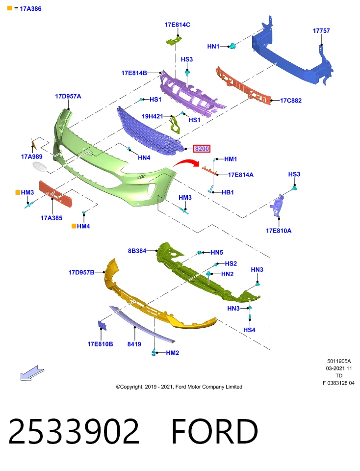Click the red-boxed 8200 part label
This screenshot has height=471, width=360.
(x=202, y=148)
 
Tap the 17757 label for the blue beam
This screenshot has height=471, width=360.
(x=321, y=30)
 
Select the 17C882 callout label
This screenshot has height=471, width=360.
(x=291, y=101)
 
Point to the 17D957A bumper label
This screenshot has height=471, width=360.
(x=68, y=97)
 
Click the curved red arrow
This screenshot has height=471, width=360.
(x=186, y=162)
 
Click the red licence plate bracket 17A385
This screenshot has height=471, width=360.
(x=56, y=194)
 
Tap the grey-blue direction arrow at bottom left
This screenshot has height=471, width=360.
(x=32, y=373)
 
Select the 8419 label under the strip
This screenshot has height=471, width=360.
(x=134, y=344)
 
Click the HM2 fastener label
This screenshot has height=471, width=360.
(x=172, y=353)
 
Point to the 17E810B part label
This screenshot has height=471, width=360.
(x=100, y=344)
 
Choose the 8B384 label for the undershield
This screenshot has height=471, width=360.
(x=137, y=251)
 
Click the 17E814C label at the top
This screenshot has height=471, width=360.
(x=177, y=25)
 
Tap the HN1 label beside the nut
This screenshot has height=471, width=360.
(x=213, y=46)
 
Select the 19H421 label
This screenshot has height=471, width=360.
(x=152, y=116)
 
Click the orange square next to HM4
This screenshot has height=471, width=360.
(x=74, y=226)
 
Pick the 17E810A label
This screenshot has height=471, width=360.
(x=278, y=231)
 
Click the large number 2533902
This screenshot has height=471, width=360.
(x=74, y=431)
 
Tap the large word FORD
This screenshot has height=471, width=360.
(x=214, y=431)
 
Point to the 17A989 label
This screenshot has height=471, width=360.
(x=31, y=157)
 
